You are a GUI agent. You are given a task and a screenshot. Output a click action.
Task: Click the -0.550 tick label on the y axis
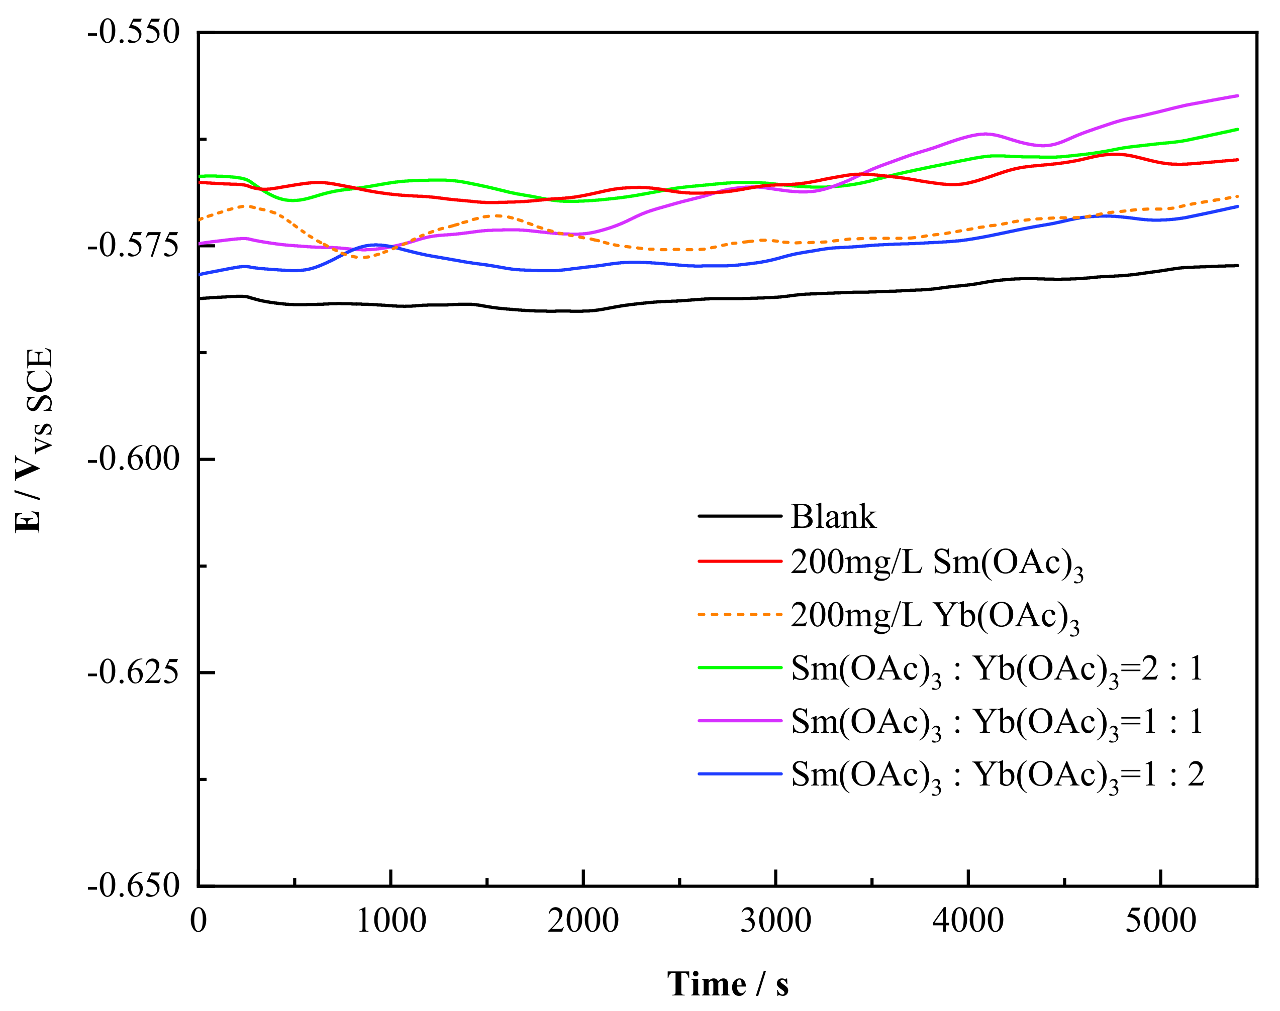click(133, 33)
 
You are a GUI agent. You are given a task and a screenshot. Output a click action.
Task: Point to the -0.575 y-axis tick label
click(133, 246)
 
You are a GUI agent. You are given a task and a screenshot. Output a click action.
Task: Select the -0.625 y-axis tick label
click(133, 672)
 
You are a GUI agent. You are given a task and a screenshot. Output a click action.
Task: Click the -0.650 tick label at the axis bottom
click(133, 885)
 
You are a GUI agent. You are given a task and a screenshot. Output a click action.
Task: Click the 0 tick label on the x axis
click(199, 921)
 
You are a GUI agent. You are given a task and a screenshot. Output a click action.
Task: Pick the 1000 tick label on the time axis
click(391, 921)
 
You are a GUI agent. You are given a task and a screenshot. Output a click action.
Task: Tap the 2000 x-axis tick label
click(583, 921)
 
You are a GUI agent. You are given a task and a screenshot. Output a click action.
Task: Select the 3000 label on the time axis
click(775, 921)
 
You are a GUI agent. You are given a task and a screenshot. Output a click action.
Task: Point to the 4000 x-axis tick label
click(968, 921)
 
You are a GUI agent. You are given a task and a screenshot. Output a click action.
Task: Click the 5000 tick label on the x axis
click(1160, 921)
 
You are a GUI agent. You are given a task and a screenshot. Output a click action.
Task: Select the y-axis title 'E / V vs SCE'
click(34, 441)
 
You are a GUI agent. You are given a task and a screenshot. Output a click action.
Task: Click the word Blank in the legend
click(833, 516)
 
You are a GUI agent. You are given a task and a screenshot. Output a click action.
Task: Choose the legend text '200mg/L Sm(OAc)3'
click(936, 563)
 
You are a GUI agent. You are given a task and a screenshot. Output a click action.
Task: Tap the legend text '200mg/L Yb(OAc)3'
click(934, 616)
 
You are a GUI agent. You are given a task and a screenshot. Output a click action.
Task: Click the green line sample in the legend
click(740, 667)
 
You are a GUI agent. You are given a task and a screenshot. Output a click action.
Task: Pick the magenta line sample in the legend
click(740, 720)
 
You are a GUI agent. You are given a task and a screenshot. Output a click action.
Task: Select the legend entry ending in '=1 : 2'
click(997, 775)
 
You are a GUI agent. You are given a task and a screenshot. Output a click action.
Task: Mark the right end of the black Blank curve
click(1237, 266)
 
